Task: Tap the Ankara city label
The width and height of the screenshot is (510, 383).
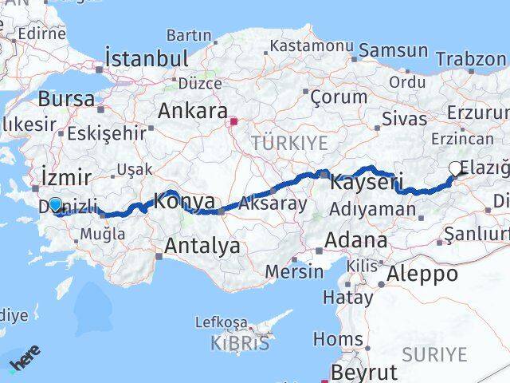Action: click(192, 111)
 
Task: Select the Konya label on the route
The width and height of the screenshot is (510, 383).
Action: click(184, 201)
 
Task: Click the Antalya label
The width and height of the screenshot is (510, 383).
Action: click(202, 247)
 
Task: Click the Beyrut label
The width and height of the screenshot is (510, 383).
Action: click(363, 372)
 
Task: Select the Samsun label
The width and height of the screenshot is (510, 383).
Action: click(393, 50)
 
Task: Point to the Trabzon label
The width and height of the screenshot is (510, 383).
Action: click(471, 60)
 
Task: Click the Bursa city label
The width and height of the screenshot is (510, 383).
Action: click(66, 99)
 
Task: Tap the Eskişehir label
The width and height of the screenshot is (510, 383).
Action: click(107, 132)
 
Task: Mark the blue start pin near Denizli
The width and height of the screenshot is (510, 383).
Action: click(55, 204)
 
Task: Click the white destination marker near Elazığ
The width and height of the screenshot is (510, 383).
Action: click(455, 168)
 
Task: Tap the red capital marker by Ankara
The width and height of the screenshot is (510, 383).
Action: click(234, 123)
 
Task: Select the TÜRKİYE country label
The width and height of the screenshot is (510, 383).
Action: click(289, 143)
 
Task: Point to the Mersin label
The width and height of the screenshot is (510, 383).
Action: click(294, 270)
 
